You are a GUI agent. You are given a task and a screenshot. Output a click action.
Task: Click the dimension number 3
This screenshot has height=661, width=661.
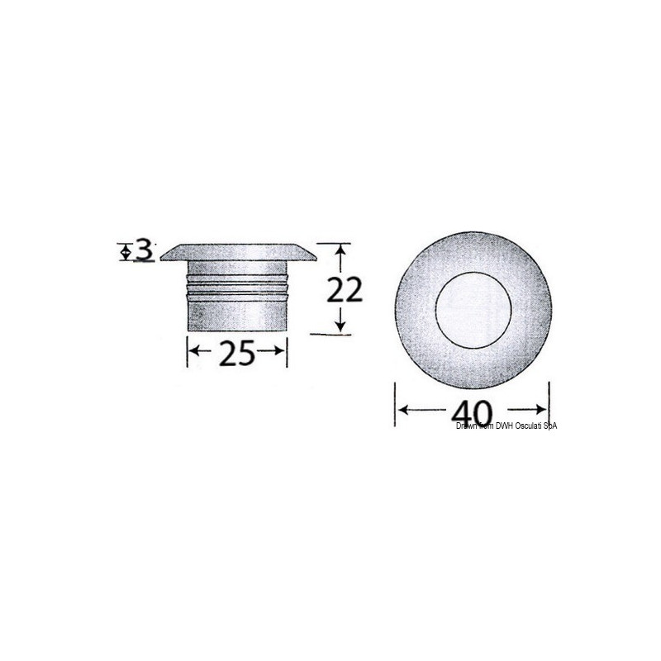point(145,250)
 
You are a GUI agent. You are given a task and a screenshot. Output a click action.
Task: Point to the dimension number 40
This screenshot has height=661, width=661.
point(473,410)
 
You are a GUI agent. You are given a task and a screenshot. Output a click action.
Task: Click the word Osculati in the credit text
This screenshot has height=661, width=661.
point(527,426)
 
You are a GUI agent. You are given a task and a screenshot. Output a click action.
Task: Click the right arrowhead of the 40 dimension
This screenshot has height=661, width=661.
point(544,409)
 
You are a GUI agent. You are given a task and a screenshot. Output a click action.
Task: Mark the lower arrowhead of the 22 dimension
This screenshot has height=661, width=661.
point(338,327)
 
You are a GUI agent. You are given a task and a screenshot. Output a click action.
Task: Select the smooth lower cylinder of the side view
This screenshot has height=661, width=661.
point(237,314)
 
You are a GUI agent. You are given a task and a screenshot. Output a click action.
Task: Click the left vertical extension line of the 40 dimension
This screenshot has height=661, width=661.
point(395,405)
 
